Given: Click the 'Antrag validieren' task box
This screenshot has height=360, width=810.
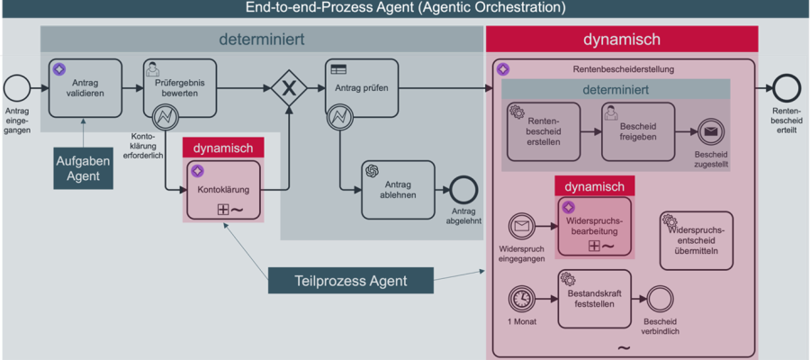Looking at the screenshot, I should (x=85, y=88).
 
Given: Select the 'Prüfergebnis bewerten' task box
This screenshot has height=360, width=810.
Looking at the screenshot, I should (x=179, y=88).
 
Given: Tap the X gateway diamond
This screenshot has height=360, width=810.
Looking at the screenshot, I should (x=289, y=88).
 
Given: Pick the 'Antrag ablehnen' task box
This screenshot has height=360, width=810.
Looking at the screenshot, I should (x=398, y=190).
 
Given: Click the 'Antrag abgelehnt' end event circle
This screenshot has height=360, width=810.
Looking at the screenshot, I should (x=463, y=190).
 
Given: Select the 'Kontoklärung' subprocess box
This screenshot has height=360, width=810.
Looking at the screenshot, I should (x=223, y=191).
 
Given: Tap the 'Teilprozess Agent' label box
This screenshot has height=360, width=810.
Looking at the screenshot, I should (x=351, y=281).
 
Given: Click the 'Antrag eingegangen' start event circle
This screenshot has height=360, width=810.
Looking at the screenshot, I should (x=15, y=88).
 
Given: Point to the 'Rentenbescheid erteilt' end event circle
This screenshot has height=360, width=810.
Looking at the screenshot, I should (x=786, y=88).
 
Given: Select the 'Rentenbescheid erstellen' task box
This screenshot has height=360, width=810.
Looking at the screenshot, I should (x=543, y=131).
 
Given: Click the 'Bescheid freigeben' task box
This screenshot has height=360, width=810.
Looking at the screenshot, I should (x=638, y=131).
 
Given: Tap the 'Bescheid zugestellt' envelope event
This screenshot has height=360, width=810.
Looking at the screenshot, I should (x=710, y=131).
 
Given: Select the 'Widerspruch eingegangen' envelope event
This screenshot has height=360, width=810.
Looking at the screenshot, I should (x=521, y=225).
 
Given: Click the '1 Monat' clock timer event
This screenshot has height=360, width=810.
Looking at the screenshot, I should (x=521, y=298).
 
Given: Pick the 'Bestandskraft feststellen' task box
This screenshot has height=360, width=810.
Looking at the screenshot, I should (x=595, y=298).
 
